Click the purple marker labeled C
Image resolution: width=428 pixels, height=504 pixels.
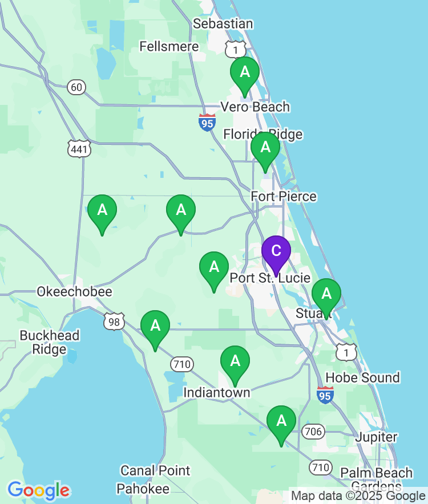coord(276,251)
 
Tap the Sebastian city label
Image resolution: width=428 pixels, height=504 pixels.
coord(223,24)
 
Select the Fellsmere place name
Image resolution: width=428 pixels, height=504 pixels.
coord(169,47)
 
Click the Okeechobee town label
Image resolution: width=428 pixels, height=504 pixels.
coord(74,292)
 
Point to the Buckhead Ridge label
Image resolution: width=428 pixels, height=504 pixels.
coord(49,342)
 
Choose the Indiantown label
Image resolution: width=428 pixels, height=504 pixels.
coord(216,393)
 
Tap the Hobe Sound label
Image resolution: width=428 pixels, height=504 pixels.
coord(362,377)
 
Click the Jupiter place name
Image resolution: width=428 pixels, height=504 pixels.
coord(376,437)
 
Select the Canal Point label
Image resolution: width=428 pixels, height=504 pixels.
coord(155,471)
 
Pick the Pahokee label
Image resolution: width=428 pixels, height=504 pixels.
coord(143,489)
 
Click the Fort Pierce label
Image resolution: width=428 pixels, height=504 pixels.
coord(284,197)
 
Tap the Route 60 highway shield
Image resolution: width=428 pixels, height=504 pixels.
coord(76,87)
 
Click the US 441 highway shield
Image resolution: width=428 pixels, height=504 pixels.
coord(78,149)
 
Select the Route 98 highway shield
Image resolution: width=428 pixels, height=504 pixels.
coord(114,321)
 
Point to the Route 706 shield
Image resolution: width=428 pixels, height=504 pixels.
coord(313,432)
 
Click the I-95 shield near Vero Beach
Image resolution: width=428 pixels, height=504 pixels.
coord(207,122)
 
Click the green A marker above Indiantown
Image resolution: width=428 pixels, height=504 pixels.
coord(235,361)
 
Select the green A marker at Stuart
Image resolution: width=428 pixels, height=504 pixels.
coord(326,294)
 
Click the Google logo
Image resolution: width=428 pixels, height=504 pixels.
coord(38,490)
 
